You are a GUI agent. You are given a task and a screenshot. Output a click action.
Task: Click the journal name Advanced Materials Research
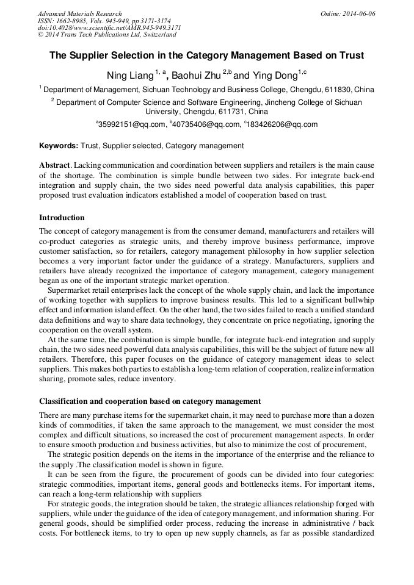[79, 13]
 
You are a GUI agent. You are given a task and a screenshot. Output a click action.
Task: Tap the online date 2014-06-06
[361, 13]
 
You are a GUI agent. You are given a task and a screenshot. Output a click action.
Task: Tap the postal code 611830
[338, 89]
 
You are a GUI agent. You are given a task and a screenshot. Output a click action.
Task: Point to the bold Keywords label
[59, 146]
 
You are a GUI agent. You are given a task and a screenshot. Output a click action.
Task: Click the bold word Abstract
[54, 166]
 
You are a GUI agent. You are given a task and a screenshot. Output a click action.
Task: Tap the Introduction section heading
[62, 218]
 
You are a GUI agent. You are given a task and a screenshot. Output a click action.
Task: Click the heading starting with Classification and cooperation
[150, 401]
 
